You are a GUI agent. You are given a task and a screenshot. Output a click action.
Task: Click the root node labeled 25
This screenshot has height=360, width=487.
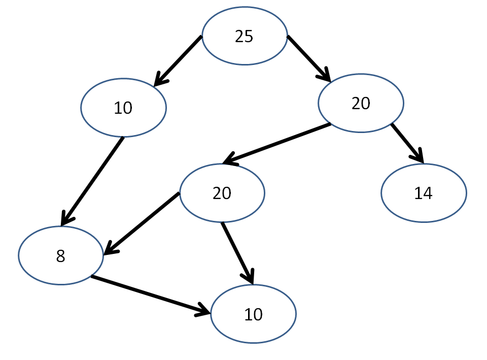coord(245,36)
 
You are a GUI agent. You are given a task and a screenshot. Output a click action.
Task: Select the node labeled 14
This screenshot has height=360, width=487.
coord(424,193)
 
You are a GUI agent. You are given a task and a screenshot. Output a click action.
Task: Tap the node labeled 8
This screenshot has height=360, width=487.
coord(61,255)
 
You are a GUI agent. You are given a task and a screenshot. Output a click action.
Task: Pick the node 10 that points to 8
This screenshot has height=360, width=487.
coord(124,108)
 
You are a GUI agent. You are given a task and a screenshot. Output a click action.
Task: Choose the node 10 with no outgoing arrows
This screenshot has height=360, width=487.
coord(254,314)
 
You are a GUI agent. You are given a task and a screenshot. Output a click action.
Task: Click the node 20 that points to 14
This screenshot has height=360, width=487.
coord(361,103)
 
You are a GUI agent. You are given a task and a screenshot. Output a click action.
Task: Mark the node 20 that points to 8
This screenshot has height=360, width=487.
coord(222,193)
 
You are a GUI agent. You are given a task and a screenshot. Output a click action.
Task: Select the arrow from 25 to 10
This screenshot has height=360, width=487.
coord(178,61)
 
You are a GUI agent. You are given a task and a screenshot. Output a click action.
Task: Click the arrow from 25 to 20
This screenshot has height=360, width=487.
coord(309,59)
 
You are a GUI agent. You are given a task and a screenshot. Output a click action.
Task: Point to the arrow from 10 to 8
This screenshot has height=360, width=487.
coord(92,181)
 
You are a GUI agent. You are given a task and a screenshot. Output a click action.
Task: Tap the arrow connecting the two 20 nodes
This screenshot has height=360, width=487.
coord(277,143)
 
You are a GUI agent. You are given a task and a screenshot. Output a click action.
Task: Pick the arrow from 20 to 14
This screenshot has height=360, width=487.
coord(407,143)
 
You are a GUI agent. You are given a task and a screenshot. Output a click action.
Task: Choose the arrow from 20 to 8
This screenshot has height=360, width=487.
coord(142,224)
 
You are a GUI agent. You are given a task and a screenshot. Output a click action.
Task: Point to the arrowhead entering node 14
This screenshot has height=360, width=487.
coord(418,156)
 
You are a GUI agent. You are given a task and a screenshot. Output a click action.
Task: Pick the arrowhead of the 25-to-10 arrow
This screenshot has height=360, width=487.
coord(160,80)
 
